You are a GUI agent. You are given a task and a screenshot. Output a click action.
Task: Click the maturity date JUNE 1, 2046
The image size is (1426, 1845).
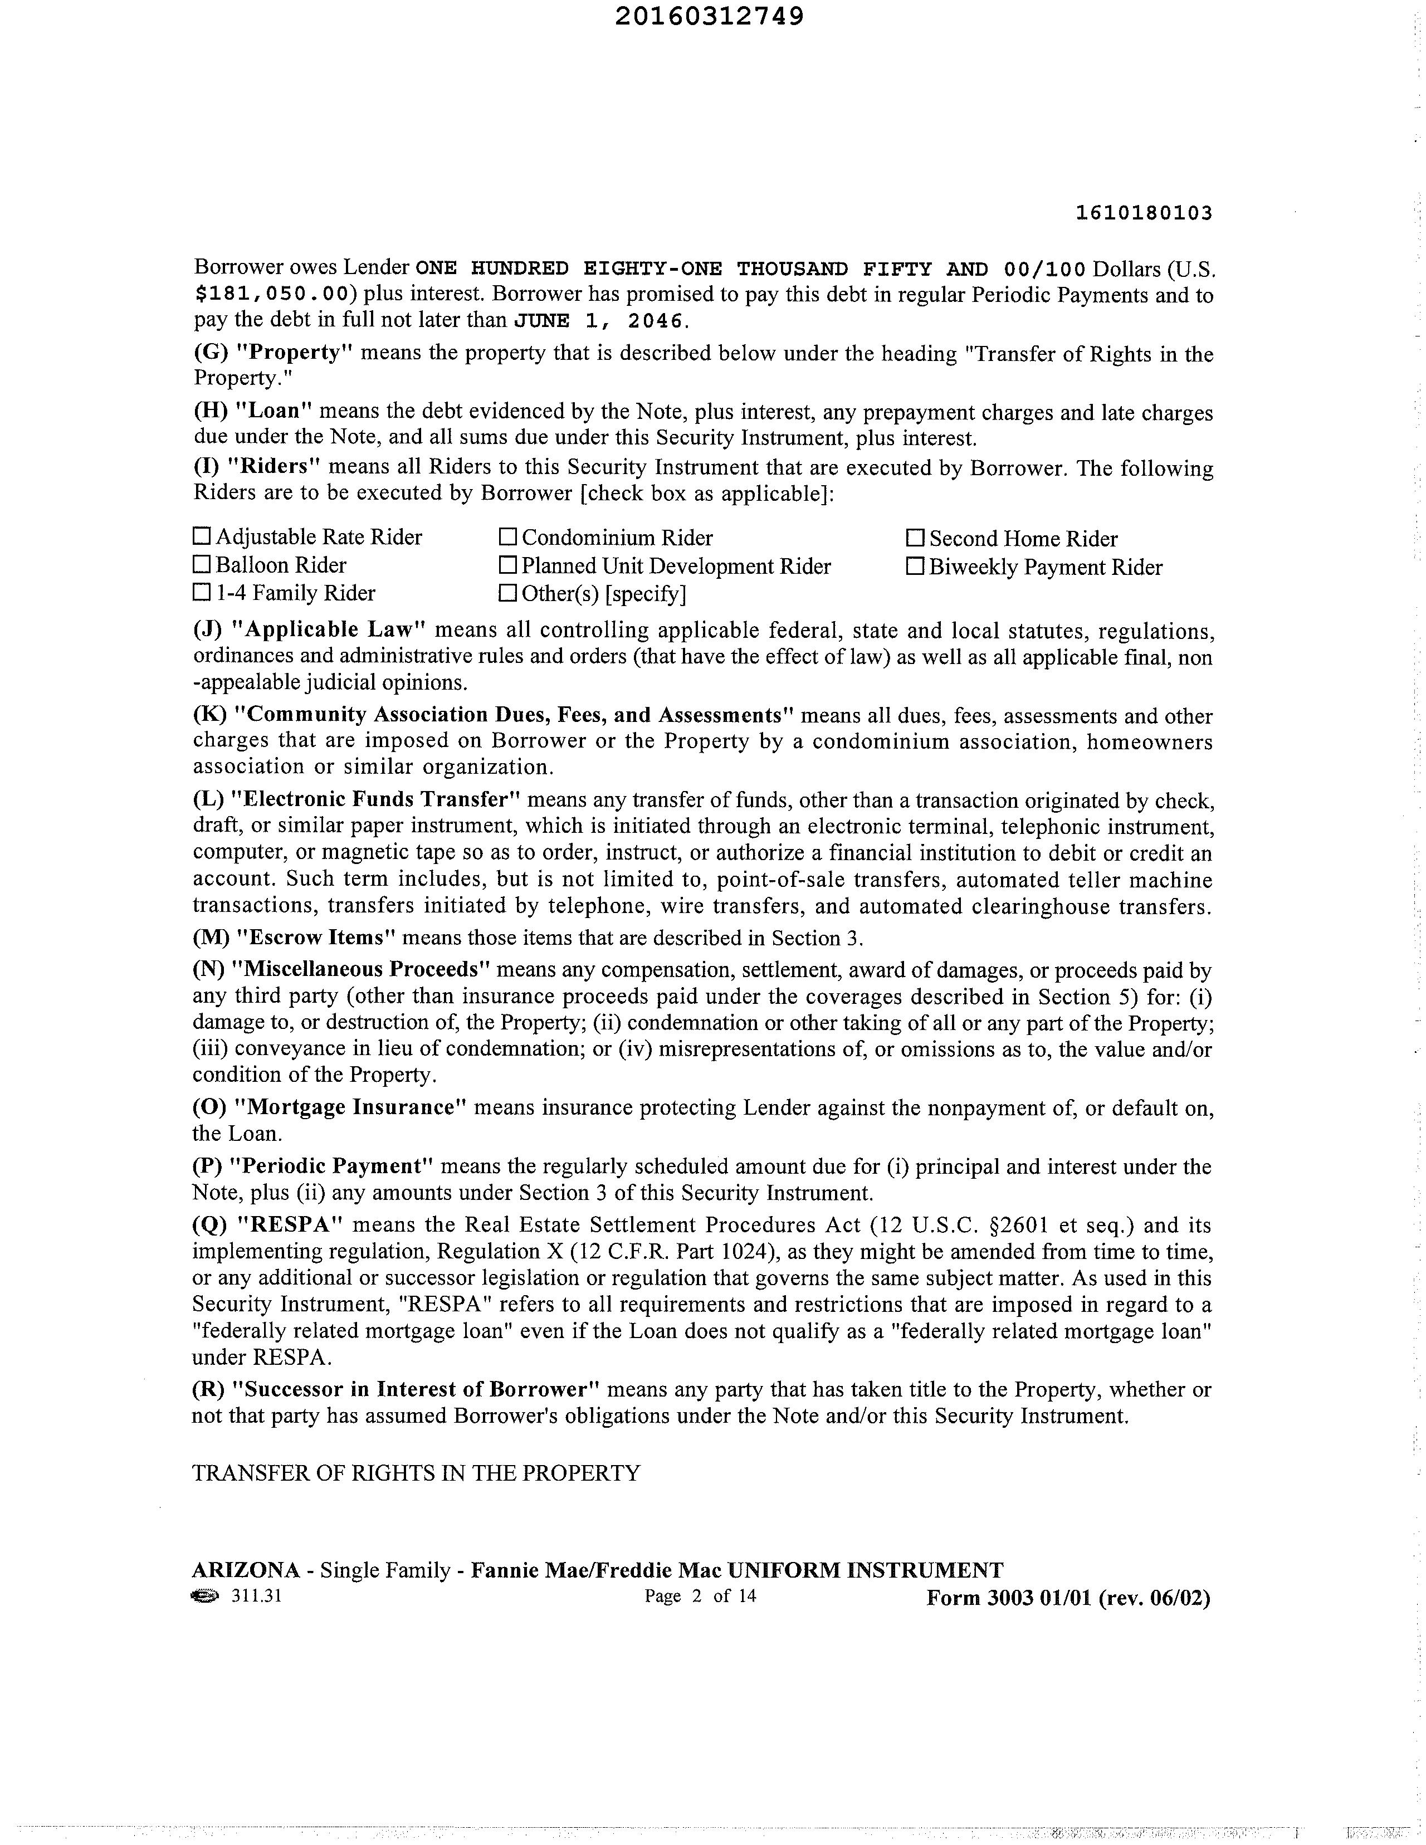point(602,321)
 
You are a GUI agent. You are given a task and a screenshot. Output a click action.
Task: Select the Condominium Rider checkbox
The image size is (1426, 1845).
point(507,536)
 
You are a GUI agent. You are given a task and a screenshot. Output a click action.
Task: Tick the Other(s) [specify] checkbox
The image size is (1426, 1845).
point(507,593)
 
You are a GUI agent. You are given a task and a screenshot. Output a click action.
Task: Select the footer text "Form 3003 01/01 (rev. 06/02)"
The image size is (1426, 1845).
point(1068,1598)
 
